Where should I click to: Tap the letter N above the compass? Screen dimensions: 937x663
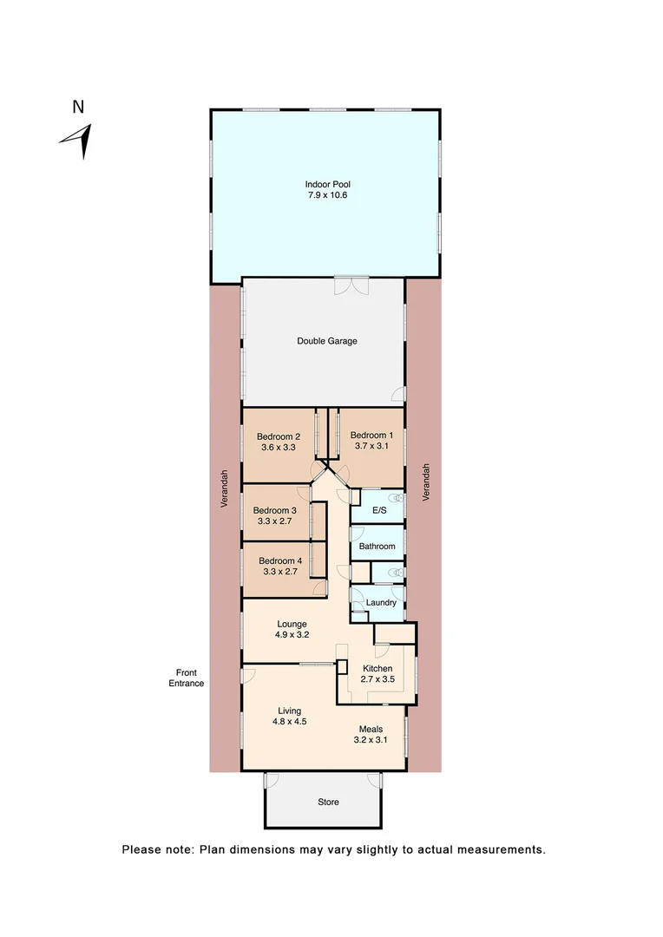coord(78,108)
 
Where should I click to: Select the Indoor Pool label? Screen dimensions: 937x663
coord(327,184)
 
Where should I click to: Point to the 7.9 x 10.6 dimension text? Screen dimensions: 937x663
coord(327,195)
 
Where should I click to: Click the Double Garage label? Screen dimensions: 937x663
coord(327,341)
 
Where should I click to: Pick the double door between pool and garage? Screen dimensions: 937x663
coord(351,284)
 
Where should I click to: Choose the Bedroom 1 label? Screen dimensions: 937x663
coord(372,436)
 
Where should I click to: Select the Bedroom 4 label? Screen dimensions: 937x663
coord(280,560)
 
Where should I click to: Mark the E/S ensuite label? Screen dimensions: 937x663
coord(379,510)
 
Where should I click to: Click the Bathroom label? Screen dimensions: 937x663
coord(377,547)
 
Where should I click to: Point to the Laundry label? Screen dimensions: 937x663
coord(382,602)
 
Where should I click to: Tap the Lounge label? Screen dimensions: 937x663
coord(292,623)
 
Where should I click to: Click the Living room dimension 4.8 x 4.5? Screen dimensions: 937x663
coord(290,722)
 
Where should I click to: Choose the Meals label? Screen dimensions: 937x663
coord(371,729)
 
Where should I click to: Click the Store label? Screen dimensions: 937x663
coord(328,802)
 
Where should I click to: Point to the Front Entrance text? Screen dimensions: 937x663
coord(187,678)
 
